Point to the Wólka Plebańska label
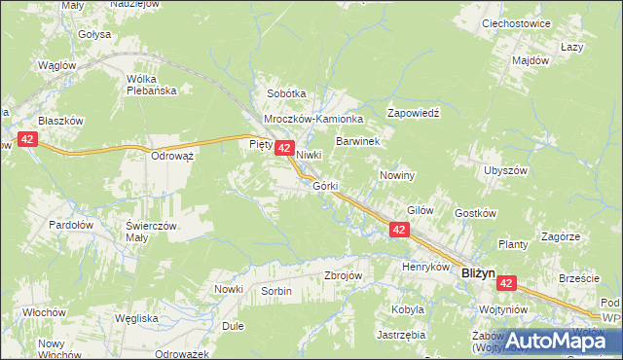pos(151,87)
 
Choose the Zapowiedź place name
pos(414,113)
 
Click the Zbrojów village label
pos(343,275)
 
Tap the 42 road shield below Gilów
pos(399,230)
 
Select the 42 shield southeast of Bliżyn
pos(506,283)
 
